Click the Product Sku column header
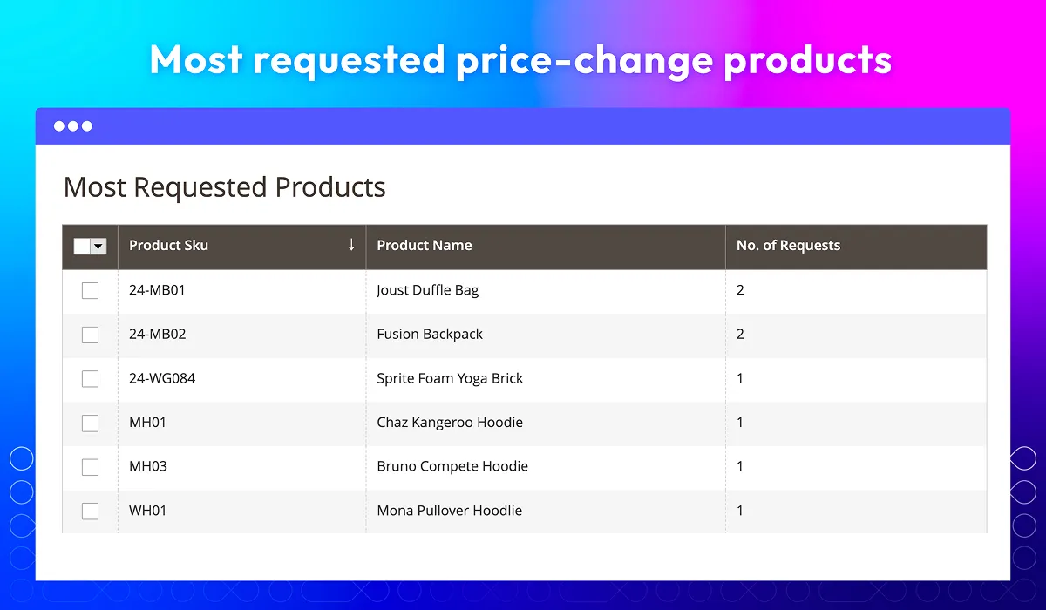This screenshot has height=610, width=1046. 168,246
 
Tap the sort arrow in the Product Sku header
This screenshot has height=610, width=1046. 351,244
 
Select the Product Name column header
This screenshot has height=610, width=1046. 424,246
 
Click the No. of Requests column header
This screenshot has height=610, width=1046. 788,246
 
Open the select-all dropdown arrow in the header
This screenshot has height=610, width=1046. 98,247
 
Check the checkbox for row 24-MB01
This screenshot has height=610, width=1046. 90,290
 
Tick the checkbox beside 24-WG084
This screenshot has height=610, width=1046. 90,378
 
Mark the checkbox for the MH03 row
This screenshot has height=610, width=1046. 90,467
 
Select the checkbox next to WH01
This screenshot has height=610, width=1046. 90,511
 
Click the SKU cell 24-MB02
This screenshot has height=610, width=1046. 158,334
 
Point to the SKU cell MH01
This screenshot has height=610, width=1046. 147,423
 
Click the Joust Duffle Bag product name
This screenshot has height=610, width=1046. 428,290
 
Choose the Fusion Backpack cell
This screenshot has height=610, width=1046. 430,334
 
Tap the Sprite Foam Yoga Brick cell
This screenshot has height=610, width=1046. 450,378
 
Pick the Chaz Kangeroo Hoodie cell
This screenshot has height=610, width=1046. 450,423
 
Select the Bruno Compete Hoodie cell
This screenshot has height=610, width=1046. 452,466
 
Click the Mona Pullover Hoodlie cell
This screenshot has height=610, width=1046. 449,511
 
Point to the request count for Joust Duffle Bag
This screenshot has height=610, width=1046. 740,290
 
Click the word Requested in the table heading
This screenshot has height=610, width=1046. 200,188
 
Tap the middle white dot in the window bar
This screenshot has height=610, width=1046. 73,126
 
